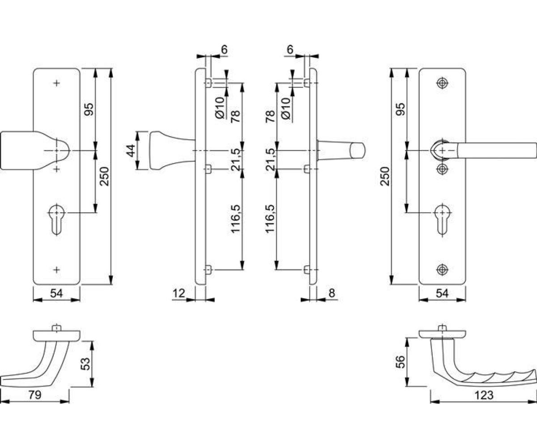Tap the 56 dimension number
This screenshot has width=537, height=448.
click(401, 362)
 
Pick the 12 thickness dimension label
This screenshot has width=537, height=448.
click(179, 293)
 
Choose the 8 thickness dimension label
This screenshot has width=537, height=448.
click(332, 293)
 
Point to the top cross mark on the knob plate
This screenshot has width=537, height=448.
click(56, 83)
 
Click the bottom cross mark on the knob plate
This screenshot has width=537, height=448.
click(56, 269)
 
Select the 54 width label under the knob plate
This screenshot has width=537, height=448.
click(56, 293)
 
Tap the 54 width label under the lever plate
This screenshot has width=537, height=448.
click(442, 293)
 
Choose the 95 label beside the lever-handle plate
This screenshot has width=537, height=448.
click(401, 109)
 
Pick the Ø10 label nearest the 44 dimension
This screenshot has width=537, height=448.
click(219, 108)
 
